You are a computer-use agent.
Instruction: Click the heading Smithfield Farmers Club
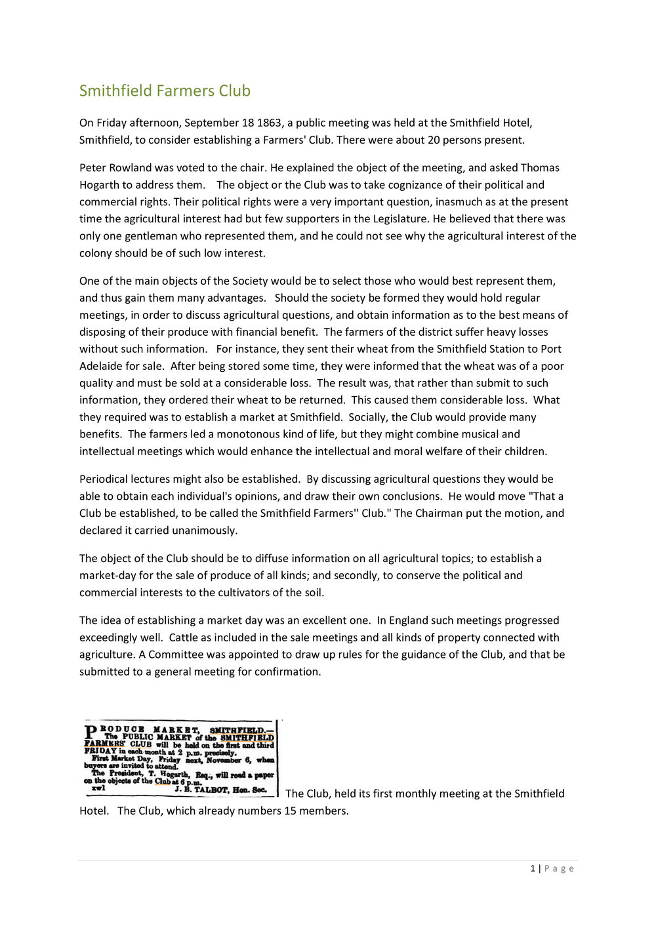click(x=165, y=91)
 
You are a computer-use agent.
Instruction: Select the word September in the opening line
click(x=212, y=123)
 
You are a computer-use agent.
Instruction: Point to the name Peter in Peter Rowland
click(x=94, y=168)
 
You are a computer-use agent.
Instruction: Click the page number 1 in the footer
click(x=533, y=869)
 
